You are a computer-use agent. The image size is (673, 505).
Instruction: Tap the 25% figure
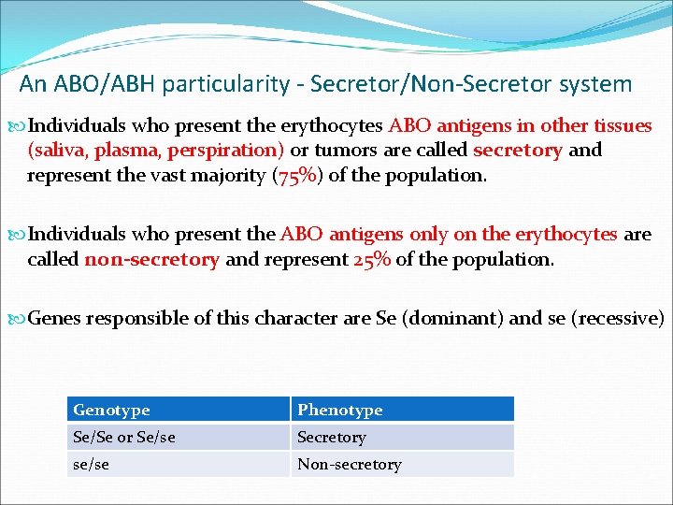[372, 259]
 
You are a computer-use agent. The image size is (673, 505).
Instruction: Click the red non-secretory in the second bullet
[151, 259]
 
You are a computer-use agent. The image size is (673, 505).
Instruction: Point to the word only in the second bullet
[447, 234]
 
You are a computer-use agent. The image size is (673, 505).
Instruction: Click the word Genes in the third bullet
[55, 318]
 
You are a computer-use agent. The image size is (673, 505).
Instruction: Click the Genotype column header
[111, 410]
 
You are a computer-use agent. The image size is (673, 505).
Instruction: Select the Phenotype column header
[339, 410]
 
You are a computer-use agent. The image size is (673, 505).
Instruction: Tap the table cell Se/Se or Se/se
[123, 437]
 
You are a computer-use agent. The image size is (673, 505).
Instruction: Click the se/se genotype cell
[91, 464]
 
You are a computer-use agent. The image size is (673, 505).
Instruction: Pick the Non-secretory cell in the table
[349, 464]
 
